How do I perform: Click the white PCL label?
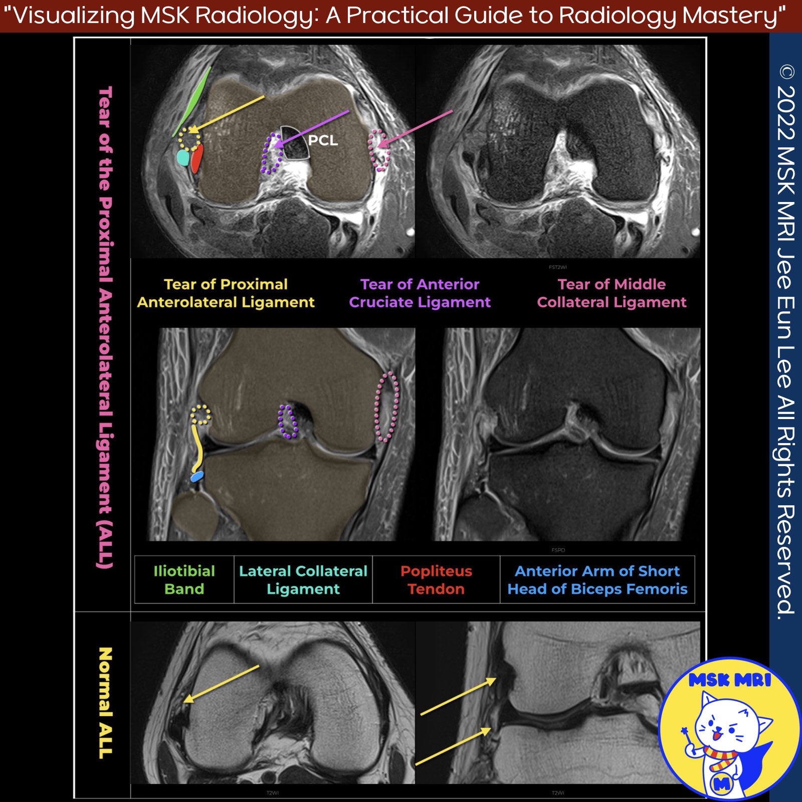click(x=323, y=140)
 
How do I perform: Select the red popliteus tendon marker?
click(x=197, y=158)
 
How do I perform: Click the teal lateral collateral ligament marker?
click(x=183, y=158)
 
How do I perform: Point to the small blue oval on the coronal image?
click(x=197, y=476)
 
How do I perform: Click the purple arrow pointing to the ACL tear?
click(x=311, y=129)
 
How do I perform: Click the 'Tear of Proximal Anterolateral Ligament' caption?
click(x=226, y=293)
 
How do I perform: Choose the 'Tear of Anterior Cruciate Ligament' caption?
click(x=420, y=293)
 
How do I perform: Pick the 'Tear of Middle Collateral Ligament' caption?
click(x=612, y=293)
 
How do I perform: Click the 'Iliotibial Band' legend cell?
click(x=184, y=579)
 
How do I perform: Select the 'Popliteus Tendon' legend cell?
click(x=436, y=579)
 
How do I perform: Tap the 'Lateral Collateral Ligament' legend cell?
click(x=303, y=579)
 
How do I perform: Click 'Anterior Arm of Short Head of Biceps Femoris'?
click(x=597, y=579)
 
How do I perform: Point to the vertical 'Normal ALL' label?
click(x=105, y=702)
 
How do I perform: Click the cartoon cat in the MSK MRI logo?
click(x=727, y=732)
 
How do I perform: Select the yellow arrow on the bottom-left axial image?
click(x=221, y=684)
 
